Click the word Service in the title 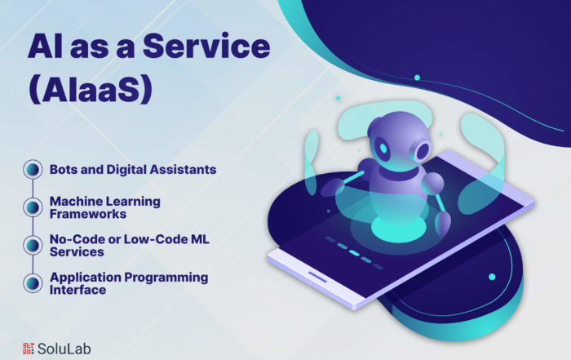coord(206,46)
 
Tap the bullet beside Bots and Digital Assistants coord(33,169)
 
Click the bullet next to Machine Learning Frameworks coord(33,207)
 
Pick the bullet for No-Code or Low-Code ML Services coord(33,245)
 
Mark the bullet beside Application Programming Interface coord(33,283)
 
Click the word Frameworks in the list coord(88,214)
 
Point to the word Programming coord(166,278)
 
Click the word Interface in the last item coord(78,290)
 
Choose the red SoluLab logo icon coord(29,349)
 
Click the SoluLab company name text coord(64,349)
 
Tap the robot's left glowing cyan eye coord(383,148)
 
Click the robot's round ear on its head coord(422,150)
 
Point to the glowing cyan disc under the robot coord(398,229)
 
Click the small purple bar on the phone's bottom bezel coord(318,277)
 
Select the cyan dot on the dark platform coord(492,277)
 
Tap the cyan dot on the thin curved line coord(418,78)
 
